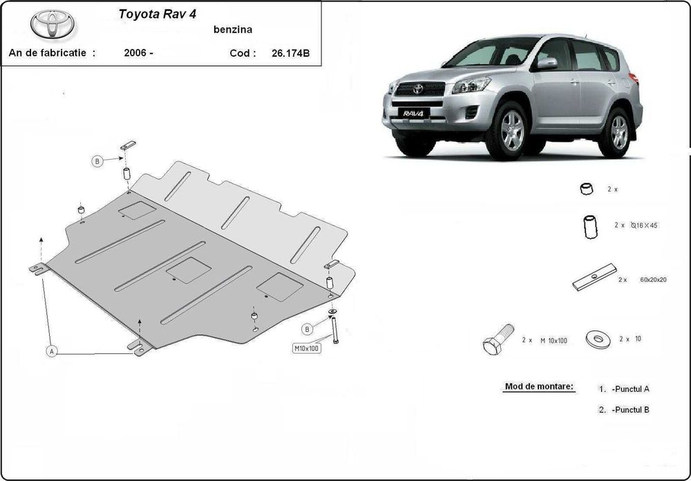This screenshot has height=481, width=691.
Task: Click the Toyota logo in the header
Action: (x=53, y=24)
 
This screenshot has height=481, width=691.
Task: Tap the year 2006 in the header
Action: (x=138, y=53)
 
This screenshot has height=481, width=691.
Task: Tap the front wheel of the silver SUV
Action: (x=511, y=131)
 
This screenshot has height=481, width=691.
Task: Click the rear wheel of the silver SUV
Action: (x=618, y=131)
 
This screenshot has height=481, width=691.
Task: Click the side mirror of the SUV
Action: (x=547, y=64)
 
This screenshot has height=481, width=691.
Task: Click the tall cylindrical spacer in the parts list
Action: (x=591, y=227)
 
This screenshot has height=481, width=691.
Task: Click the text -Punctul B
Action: (x=630, y=410)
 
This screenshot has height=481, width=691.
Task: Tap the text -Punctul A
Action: (x=630, y=389)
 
